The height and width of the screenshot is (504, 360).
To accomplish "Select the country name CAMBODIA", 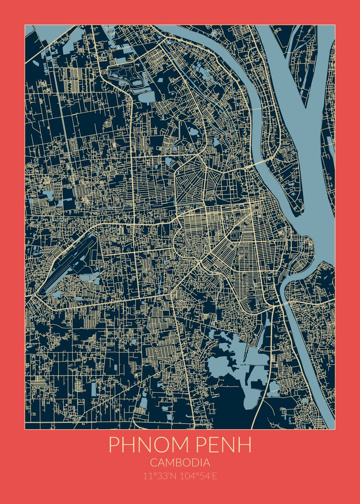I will [180, 463].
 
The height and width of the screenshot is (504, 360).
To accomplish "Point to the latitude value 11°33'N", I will [160, 476].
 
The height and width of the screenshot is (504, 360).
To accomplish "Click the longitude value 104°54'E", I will [198, 476].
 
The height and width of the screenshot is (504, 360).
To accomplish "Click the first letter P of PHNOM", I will [114, 445].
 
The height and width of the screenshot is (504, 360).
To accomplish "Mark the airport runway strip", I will [67, 265].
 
